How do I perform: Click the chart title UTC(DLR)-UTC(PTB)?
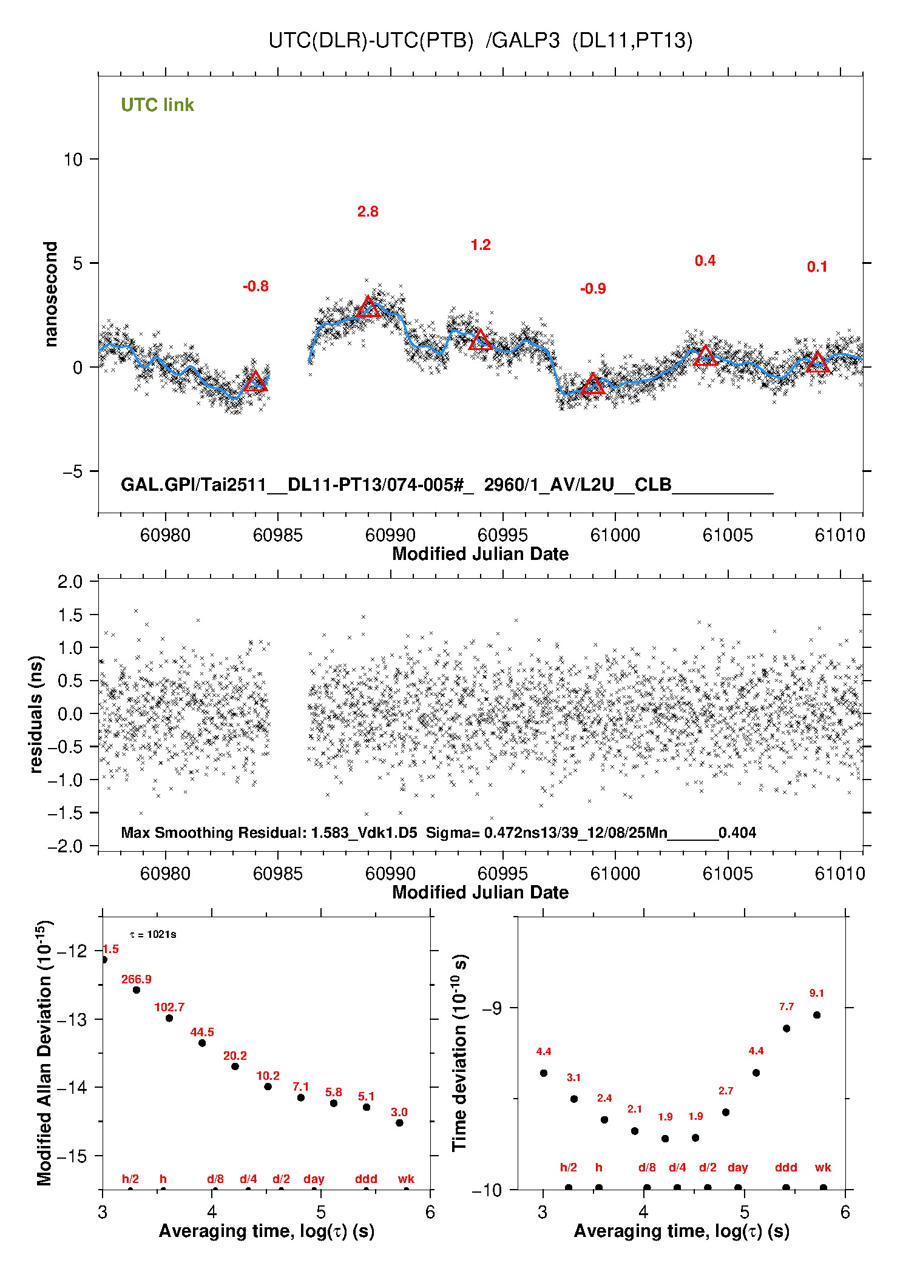tap(371, 41)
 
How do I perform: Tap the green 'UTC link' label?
tap(157, 105)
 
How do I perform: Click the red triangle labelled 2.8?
tap(368, 308)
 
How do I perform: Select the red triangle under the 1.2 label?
tap(481, 340)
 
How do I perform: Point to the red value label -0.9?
tap(593, 289)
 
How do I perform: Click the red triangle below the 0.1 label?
tap(817, 363)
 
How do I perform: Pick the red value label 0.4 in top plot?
tap(705, 261)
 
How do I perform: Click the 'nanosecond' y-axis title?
tap(50, 294)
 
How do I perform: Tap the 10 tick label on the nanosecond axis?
tap(73, 160)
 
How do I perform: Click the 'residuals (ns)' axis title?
tap(36, 714)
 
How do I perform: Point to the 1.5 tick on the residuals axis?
tap(70, 615)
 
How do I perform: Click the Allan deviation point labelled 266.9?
tap(137, 990)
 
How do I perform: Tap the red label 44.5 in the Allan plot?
tap(202, 1032)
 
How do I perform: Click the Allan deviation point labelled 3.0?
tap(399, 1123)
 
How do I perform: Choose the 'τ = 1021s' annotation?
tap(153, 934)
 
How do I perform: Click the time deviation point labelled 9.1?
tap(817, 1015)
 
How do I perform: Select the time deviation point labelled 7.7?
tap(786, 1028)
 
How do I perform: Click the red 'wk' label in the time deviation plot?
tap(823, 1167)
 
